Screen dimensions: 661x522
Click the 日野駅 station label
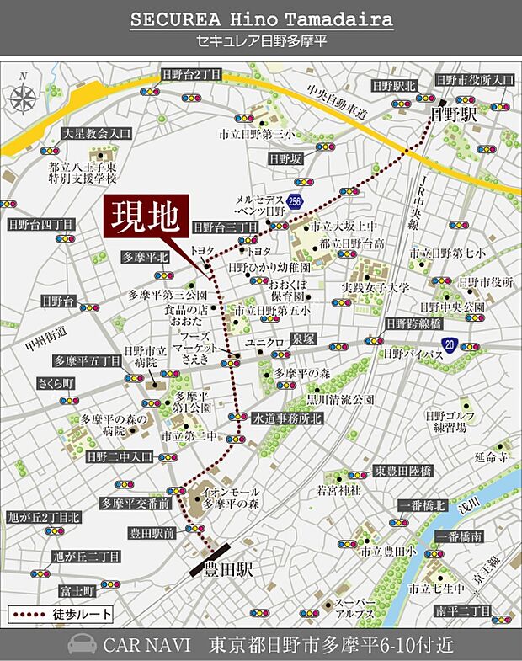453,114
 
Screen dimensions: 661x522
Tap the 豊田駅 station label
232,570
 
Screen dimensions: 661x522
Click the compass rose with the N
24,96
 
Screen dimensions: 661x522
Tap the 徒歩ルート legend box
61,614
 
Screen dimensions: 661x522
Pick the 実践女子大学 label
376,288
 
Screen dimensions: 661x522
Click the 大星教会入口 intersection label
97,133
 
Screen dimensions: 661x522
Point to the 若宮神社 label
338,489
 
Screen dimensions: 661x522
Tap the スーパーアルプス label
354,609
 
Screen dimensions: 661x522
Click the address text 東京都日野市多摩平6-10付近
332,645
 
